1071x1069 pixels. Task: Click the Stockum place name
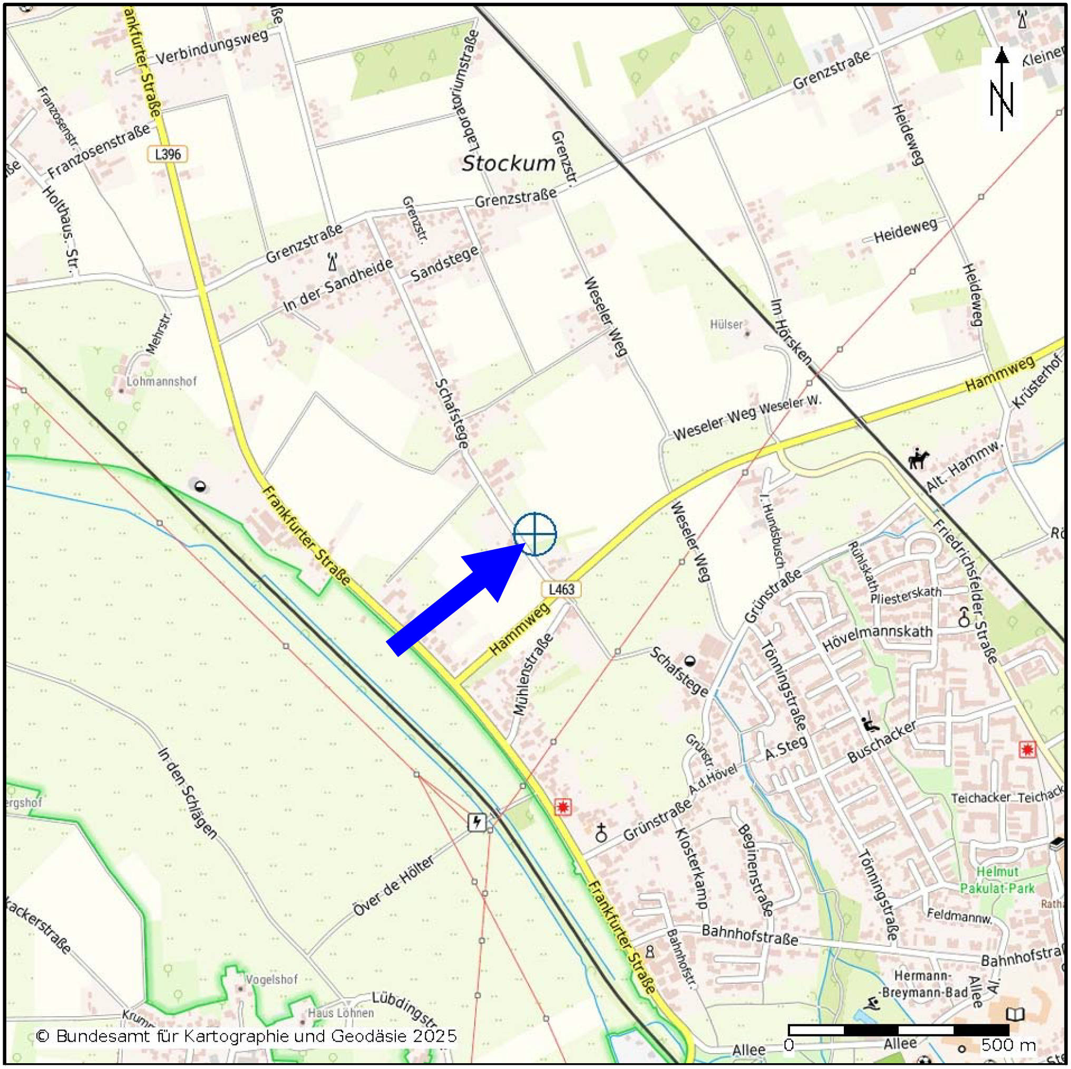point(508,163)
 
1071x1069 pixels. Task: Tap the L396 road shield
point(168,154)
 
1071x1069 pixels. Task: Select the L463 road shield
point(561,589)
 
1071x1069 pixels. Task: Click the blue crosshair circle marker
point(534,534)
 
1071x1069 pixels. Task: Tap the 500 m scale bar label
point(1008,1045)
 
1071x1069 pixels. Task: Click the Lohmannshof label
point(161,382)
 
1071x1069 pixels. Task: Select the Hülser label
point(726,324)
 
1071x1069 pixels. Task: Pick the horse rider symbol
point(918,459)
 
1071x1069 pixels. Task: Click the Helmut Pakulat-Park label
point(997,879)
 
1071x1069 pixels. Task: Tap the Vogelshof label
point(271,979)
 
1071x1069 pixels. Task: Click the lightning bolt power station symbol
point(476,822)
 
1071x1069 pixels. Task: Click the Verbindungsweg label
point(212,46)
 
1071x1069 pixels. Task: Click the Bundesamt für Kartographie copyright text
point(246,1036)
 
